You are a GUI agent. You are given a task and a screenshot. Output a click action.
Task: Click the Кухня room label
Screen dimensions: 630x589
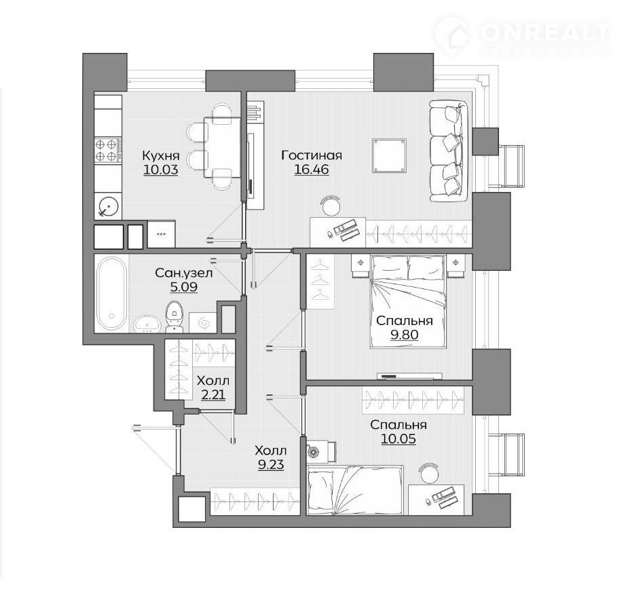pos(161,155)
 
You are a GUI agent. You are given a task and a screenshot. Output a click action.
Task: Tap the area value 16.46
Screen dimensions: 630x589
pos(312,170)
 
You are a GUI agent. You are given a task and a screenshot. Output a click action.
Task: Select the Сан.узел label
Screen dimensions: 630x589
pos(183,273)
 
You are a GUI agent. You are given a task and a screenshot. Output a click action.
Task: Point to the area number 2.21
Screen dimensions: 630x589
pos(213,395)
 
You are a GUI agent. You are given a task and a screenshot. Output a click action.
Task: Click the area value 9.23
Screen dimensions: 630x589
pos(271,465)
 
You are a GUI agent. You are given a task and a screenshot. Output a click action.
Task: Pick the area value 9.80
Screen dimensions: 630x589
pos(405,335)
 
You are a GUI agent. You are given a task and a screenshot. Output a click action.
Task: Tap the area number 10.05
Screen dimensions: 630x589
pos(399,439)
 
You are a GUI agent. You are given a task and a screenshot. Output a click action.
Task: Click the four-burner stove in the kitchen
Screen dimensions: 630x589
pos(108,149)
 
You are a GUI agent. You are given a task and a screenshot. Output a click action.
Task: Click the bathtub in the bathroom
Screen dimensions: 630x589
pos(111,294)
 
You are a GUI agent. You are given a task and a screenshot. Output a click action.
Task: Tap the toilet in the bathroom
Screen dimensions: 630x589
pos(174,316)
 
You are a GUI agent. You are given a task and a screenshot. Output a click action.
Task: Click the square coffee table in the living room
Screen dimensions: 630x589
pos(389,156)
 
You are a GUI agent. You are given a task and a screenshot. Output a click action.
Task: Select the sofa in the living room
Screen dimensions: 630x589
pos(449,151)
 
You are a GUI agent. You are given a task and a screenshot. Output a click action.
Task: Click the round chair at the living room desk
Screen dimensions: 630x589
pos(331,206)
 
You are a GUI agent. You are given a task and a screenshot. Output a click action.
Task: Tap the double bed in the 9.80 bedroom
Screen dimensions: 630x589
pos(408,301)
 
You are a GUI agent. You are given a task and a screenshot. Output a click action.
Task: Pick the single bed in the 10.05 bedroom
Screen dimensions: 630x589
pos(355,490)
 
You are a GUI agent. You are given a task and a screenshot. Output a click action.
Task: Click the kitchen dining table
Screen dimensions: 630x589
pos(222,147)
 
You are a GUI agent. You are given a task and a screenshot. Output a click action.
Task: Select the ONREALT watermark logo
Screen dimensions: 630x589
pos(522,36)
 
